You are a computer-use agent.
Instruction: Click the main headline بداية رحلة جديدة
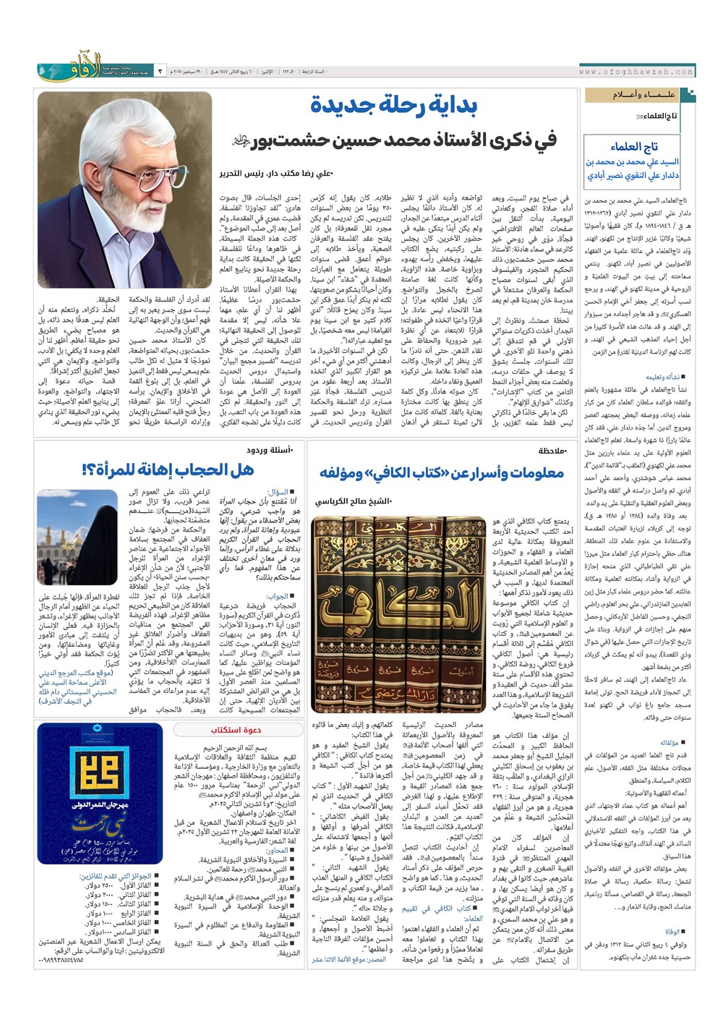point(394,106)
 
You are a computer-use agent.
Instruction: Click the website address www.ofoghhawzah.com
point(636,72)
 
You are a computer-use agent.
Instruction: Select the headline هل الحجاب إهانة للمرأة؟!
point(168,470)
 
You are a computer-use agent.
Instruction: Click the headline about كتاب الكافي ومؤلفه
point(442,473)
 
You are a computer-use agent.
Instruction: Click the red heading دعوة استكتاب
point(236,731)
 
